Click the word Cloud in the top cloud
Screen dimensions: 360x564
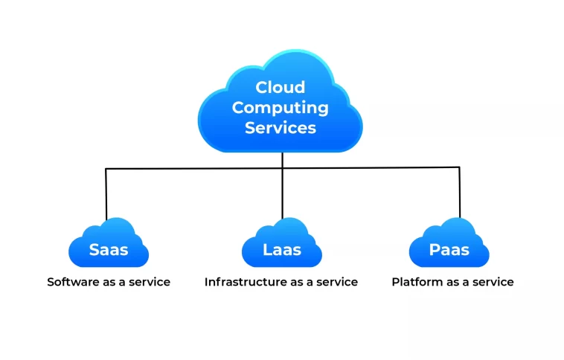(280, 88)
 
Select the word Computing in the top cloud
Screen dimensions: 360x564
(280, 107)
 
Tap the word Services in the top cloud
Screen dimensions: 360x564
(280, 127)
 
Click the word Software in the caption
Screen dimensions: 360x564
(71, 282)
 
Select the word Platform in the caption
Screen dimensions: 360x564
(416, 282)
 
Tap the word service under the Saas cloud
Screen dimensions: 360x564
(150, 282)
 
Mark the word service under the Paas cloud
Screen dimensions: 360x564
(493, 282)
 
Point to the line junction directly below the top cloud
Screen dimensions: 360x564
(282, 168)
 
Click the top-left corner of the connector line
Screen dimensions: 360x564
(106, 169)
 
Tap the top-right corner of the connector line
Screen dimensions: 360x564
(459, 167)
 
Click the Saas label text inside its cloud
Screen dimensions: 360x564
(109, 250)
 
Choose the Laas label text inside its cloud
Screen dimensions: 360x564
(282, 250)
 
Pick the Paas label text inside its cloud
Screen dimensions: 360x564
(449, 250)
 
